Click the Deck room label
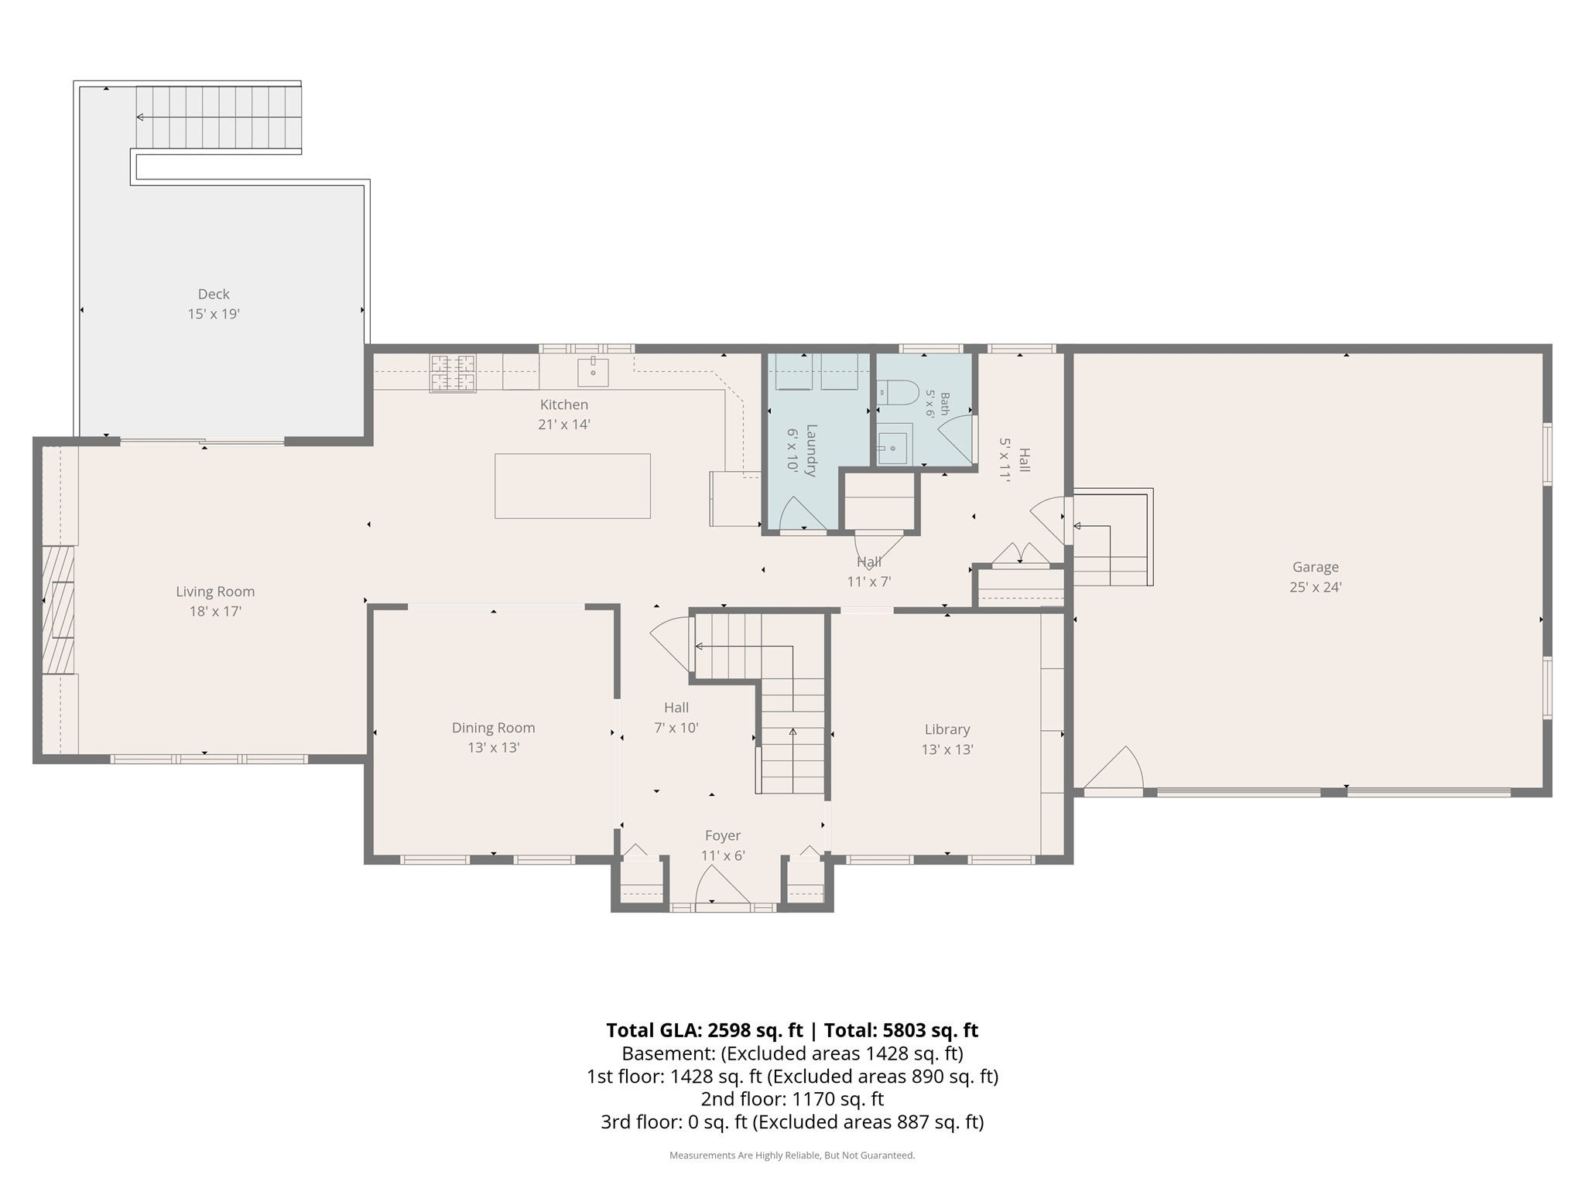click(x=214, y=294)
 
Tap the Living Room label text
click(x=215, y=592)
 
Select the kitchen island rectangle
click(x=573, y=486)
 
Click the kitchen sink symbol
click(x=593, y=372)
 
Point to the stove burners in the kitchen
click(x=454, y=373)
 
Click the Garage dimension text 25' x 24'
click(x=1315, y=587)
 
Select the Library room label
click(x=947, y=729)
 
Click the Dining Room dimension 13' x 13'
click(x=494, y=748)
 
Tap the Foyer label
click(x=723, y=835)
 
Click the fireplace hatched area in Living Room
click(x=58, y=609)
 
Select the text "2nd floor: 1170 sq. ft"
click(x=792, y=1099)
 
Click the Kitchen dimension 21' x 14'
click(x=564, y=425)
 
